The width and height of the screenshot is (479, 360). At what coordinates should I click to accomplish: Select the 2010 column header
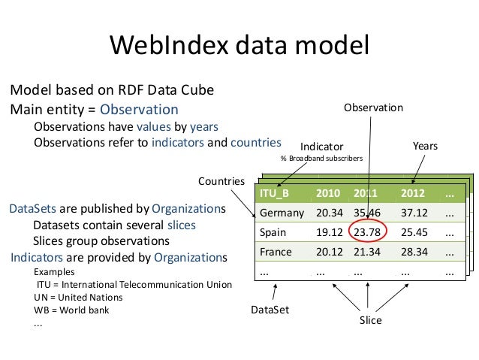click(327, 193)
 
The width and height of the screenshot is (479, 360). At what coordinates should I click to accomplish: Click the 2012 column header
click(413, 193)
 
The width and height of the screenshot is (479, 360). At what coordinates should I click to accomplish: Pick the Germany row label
click(282, 213)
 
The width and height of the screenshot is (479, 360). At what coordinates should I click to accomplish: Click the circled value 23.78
click(369, 232)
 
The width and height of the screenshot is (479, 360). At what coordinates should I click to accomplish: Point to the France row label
click(276, 252)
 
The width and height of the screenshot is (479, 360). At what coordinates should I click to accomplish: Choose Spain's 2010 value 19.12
click(329, 232)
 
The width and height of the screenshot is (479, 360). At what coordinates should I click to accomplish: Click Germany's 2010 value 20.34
click(329, 213)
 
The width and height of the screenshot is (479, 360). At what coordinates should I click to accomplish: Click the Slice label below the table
click(370, 320)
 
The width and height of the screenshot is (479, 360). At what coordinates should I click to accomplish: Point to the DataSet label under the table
click(269, 309)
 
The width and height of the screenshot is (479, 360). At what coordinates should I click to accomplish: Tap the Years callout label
click(425, 145)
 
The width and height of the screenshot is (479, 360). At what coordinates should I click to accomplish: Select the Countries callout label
click(221, 181)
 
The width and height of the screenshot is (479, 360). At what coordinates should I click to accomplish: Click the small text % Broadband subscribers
click(321, 159)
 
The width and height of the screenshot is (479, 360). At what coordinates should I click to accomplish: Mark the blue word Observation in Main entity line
click(140, 109)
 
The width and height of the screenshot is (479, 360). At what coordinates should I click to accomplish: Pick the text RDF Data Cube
click(164, 90)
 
